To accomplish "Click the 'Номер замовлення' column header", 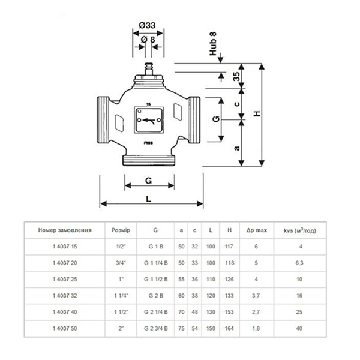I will coord(64,230).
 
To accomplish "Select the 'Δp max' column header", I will coord(256,230).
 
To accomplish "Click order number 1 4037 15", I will coord(64,247).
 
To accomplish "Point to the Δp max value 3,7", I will coord(256,295).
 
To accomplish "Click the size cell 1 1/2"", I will coord(118,312).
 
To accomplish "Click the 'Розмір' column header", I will coord(118,230).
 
